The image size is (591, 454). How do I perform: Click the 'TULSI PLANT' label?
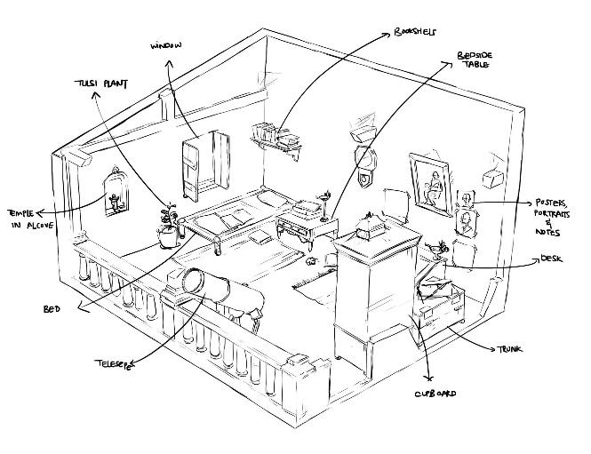pos(100,84)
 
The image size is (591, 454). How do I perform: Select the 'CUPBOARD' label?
pos(435,393)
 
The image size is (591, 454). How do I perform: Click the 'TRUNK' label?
pos(508,349)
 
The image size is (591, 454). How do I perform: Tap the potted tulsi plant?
pos(168,227)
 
